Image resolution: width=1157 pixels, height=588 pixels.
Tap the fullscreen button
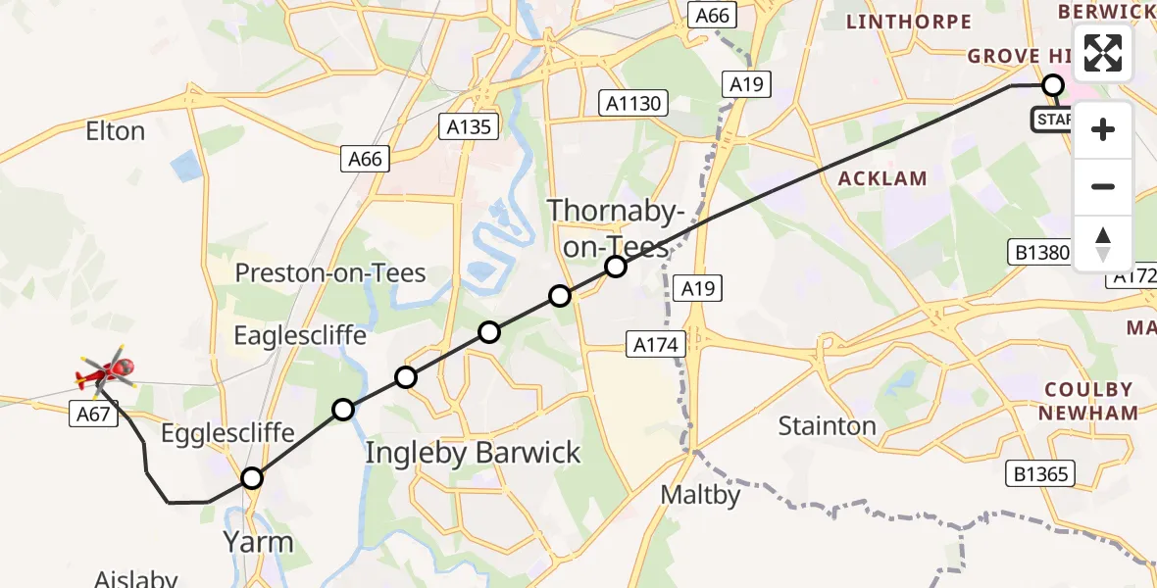1103,53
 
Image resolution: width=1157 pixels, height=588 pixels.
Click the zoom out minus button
1103,186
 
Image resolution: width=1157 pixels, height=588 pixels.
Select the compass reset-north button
1103,243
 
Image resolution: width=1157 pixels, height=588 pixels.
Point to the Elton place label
116,131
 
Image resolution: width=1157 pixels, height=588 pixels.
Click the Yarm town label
258,542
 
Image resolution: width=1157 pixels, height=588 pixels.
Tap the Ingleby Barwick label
473,453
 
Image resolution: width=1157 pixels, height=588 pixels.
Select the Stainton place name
827,425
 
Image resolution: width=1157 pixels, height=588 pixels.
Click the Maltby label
700,495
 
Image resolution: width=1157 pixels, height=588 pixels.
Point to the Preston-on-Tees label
330,272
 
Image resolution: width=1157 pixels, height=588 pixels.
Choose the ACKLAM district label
881,178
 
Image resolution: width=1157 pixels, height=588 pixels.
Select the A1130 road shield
633,103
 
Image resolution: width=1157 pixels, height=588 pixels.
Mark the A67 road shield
93,415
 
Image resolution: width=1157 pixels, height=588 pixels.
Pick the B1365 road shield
1041,474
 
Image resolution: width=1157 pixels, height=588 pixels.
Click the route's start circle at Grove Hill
1052,85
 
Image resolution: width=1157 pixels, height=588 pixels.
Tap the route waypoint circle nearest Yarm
252,478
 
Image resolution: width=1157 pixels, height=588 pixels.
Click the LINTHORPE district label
908,22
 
